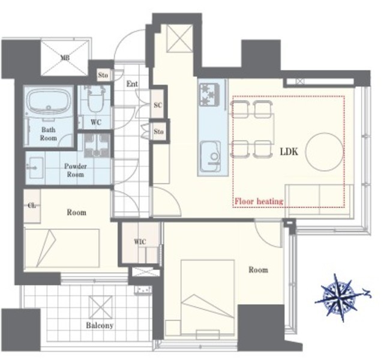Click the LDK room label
[x=289, y=152]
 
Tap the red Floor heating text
[x=259, y=202]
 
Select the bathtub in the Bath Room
[x=49, y=100]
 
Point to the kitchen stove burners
[x=209, y=94]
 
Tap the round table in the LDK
[x=325, y=151]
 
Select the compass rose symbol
[x=342, y=298]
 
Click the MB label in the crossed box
[x=65, y=58]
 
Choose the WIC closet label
[x=140, y=242]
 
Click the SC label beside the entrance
[x=158, y=105]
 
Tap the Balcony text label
[x=100, y=325]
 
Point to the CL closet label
[x=32, y=205]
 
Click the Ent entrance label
[x=132, y=84]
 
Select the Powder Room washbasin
[x=35, y=168]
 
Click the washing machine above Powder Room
[x=97, y=145]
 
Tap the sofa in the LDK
[x=319, y=200]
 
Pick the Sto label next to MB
[x=103, y=75]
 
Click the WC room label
[x=96, y=122]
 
